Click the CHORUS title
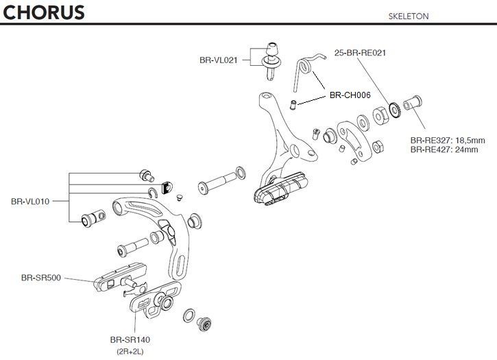pos(43,12)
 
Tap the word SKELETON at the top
pos(409,16)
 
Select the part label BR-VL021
pos(219,60)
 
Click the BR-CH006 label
pos(350,95)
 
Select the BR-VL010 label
pos(31,202)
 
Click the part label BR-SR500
pos(41,278)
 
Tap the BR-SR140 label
pos(130,339)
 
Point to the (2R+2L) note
pos(130,351)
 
